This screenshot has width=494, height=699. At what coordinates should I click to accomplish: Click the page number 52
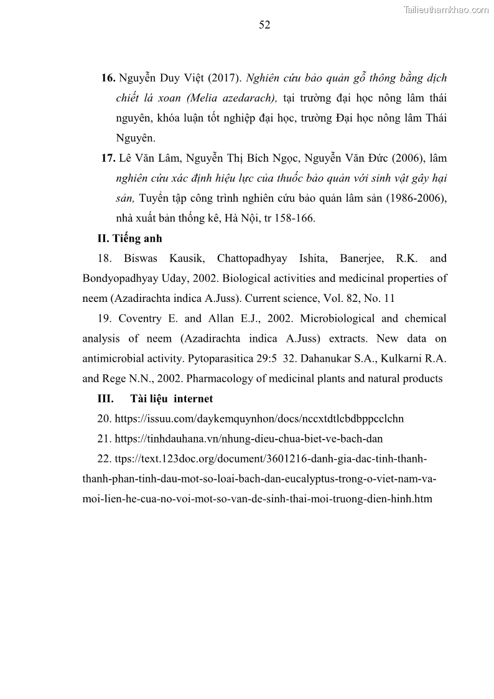pos(264,26)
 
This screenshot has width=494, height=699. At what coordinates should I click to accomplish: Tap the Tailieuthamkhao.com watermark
pos(447,9)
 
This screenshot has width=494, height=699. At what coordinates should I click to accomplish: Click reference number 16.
pos(108,78)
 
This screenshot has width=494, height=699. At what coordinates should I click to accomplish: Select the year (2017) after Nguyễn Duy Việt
pos(223,78)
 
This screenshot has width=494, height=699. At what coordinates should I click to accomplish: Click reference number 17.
pos(108,158)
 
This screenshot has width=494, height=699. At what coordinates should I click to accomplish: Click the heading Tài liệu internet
pos(171,398)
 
